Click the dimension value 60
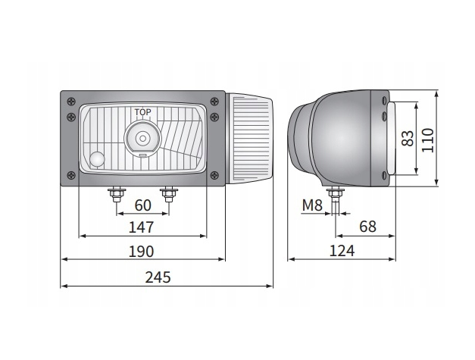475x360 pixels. tap(142, 205)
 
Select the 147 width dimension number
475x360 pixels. tap(142, 227)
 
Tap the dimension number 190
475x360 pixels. tap(142, 252)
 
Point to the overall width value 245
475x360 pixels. tap(158, 277)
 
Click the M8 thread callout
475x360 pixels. tap(312, 205)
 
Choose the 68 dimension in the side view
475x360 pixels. tap(367, 227)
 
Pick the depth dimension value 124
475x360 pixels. tap(342, 251)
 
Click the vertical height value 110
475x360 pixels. tap(428, 140)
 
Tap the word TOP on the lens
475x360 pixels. tap(142, 112)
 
